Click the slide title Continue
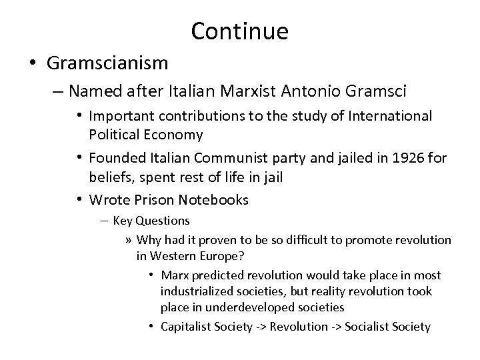coord(239,31)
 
